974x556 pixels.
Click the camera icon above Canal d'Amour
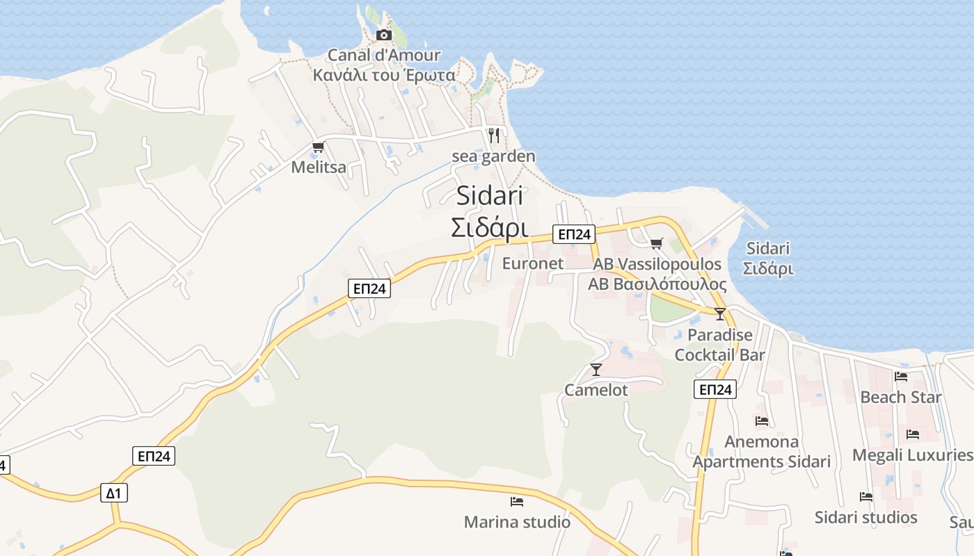(x=383, y=35)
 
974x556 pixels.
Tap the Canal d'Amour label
(x=384, y=55)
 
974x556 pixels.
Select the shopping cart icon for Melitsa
(x=318, y=147)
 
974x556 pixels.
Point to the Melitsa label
(x=319, y=167)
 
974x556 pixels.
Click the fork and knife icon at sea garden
(x=494, y=135)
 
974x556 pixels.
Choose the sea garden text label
(x=494, y=156)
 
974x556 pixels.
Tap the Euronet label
(x=533, y=263)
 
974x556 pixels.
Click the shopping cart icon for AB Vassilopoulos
(x=656, y=243)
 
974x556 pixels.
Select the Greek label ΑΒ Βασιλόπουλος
(x=657, y=284)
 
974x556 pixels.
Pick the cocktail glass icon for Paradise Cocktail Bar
(x=719, y=313)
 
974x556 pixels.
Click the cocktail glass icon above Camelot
(x=596, y=369)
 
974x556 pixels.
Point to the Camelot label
(x=596, y=390)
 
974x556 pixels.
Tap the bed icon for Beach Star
(x=901, y=377)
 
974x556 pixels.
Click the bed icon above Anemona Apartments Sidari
(x=762, y=420)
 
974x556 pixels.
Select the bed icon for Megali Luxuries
(x=913, y=434)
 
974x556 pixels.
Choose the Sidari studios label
(x=866, y=517)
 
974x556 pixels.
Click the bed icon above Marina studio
(x=517, y=501)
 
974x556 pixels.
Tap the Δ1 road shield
(x=114, y=493)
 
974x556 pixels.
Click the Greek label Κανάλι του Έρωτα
(x=384, y=75)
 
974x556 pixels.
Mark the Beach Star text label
(x=901, y=398)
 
